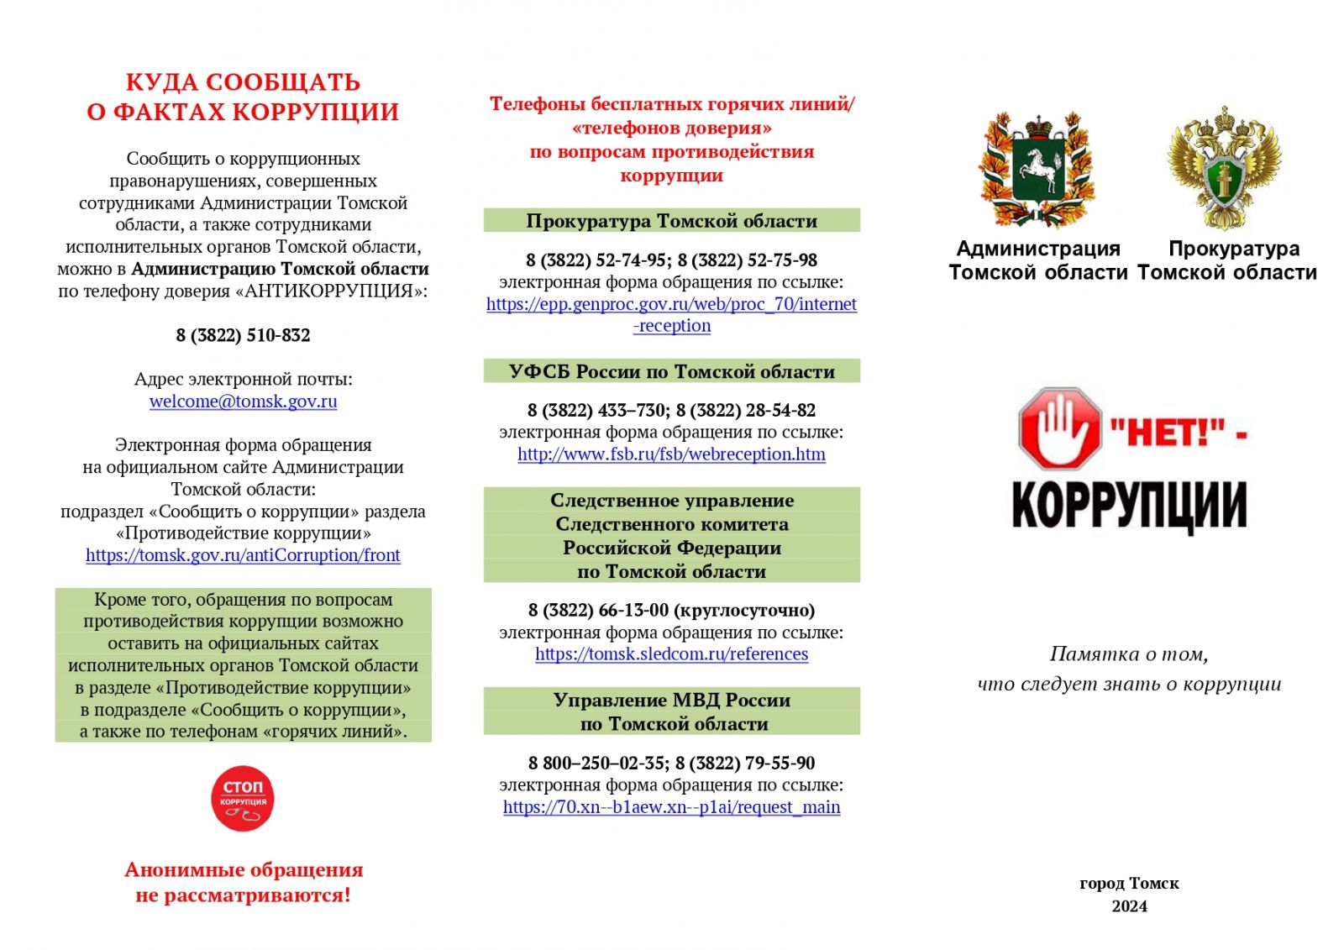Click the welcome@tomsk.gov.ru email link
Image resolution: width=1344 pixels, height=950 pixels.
coord(243,402)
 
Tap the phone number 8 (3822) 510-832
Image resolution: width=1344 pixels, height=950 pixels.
coord(243,335)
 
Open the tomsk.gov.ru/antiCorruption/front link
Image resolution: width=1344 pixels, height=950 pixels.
coord(243,555)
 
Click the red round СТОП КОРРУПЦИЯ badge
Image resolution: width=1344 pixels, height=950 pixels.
coord(243,798)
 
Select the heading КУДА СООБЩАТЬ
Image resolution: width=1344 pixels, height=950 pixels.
coord(243,82)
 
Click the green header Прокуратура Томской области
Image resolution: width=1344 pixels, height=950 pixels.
coord(671,221)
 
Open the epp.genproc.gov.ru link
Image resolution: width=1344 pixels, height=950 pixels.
coord(671,304)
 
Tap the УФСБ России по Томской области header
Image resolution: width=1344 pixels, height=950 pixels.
coord(671,371)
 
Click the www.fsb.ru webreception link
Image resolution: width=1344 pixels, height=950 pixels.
coord(671,454)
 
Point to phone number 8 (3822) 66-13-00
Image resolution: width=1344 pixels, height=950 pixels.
coord(598,610)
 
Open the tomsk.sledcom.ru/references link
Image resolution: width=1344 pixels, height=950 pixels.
coord(671,654)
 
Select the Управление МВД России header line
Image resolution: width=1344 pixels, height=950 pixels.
coord(671,700)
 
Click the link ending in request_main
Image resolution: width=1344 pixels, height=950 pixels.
coord(671,807)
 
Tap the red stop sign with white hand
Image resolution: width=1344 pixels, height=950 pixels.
coord(1059,428)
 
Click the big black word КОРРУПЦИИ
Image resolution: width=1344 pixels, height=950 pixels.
coord(1129,504)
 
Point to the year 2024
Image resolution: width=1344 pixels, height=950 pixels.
coord(1129,906)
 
